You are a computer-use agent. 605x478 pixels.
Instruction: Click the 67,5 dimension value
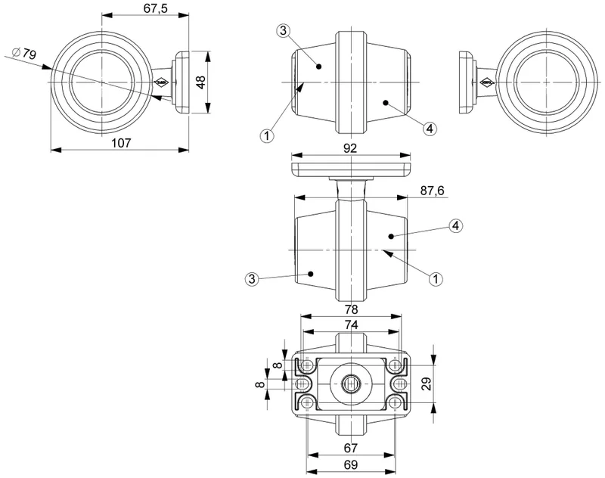[156, 8]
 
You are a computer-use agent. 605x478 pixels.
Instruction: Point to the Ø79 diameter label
[25, 53]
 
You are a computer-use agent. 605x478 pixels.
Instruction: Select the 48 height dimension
[201, 82]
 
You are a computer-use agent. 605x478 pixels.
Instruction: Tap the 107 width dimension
[122, 143]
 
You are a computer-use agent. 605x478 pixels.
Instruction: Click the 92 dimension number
[349, 148]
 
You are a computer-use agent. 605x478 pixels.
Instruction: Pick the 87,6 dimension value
[433, 191]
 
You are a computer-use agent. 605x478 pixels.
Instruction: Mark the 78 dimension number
[351, 309]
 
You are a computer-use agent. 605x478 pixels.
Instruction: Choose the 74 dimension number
[351, 324]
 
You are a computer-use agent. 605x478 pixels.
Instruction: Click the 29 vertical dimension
[427, 384]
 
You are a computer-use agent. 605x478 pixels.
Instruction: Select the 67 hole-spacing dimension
[351, 449]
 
